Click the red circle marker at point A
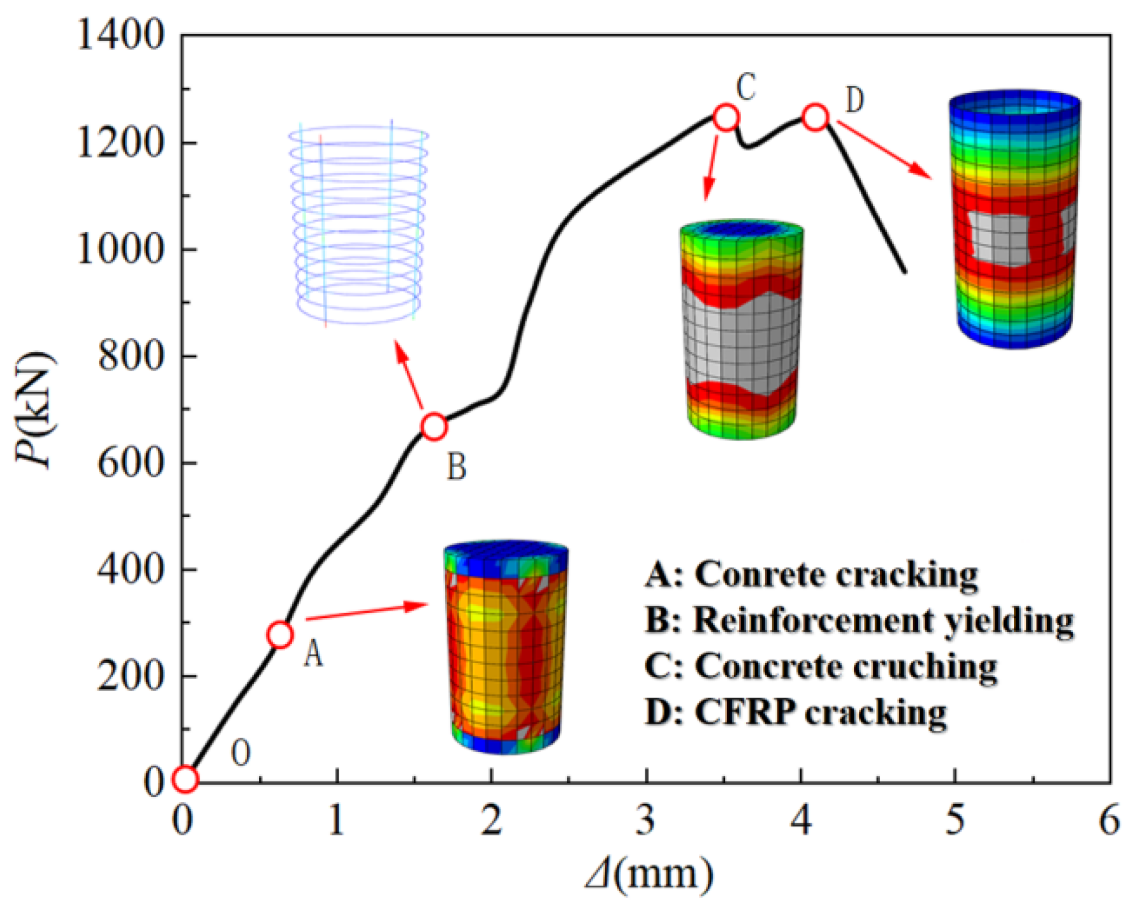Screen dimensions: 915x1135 click(280, 634)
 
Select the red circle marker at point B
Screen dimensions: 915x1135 click(434, 427)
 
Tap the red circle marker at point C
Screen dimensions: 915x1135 click(726, 117)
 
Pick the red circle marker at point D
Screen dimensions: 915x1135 click(816, 117)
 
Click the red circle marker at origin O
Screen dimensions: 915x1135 click(185, 779)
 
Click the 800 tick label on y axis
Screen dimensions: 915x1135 click(131, 356)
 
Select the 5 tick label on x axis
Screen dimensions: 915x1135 click(955, 821)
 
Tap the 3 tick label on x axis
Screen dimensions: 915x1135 click(645, 821)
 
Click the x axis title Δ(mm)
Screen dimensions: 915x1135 click(649, 875)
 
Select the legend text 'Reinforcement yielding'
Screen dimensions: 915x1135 click(883, 620)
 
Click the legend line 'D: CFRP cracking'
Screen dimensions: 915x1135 click(796, 713)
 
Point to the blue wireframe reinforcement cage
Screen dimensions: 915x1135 click(358, 223)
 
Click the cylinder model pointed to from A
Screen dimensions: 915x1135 click(506, 647)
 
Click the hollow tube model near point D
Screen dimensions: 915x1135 click(1015, 220)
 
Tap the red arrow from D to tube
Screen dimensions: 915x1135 click(886, 149)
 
